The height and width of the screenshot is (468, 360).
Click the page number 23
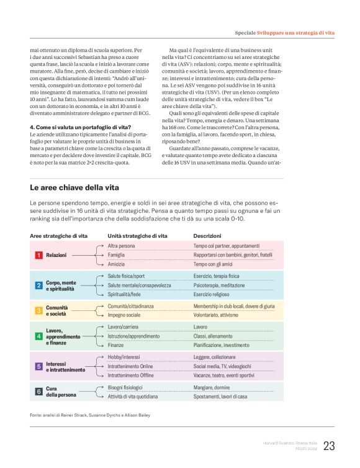(x=329, y=446)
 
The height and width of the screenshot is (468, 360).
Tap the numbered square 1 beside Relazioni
(x=38, y=255)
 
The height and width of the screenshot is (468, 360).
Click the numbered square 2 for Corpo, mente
(x=38, y=286)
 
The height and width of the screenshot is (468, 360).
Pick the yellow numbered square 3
(x=38, y=310)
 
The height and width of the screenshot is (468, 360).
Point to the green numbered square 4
(x=38, y=336)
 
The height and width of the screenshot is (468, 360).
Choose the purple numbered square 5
(x=38, y=366)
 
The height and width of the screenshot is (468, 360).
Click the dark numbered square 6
(x=38, y=392)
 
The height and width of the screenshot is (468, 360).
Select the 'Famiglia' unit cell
(x=116, y=255)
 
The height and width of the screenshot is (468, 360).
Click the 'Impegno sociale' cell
(x=124, y=315)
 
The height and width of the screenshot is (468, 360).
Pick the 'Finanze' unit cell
(x=115, y=344)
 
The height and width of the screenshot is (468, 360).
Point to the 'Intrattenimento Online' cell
(x=130, y=366)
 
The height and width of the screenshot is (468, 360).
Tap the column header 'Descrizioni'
(x=207, y=236)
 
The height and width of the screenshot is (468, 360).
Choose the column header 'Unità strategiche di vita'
(x=137, y=236)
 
